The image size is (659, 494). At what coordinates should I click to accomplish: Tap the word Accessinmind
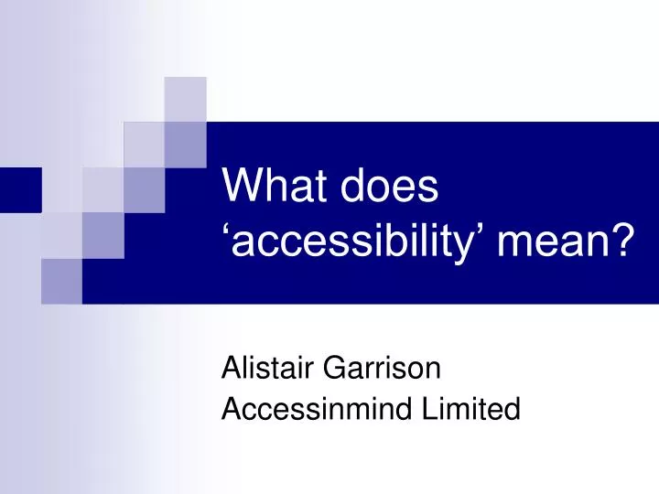[x=316, y=409]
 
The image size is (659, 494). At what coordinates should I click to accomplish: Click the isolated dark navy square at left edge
[x=20, y=189]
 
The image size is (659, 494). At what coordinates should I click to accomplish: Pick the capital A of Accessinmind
[x=232, y=409]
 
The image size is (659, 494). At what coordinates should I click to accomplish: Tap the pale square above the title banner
[x=185, y=99]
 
